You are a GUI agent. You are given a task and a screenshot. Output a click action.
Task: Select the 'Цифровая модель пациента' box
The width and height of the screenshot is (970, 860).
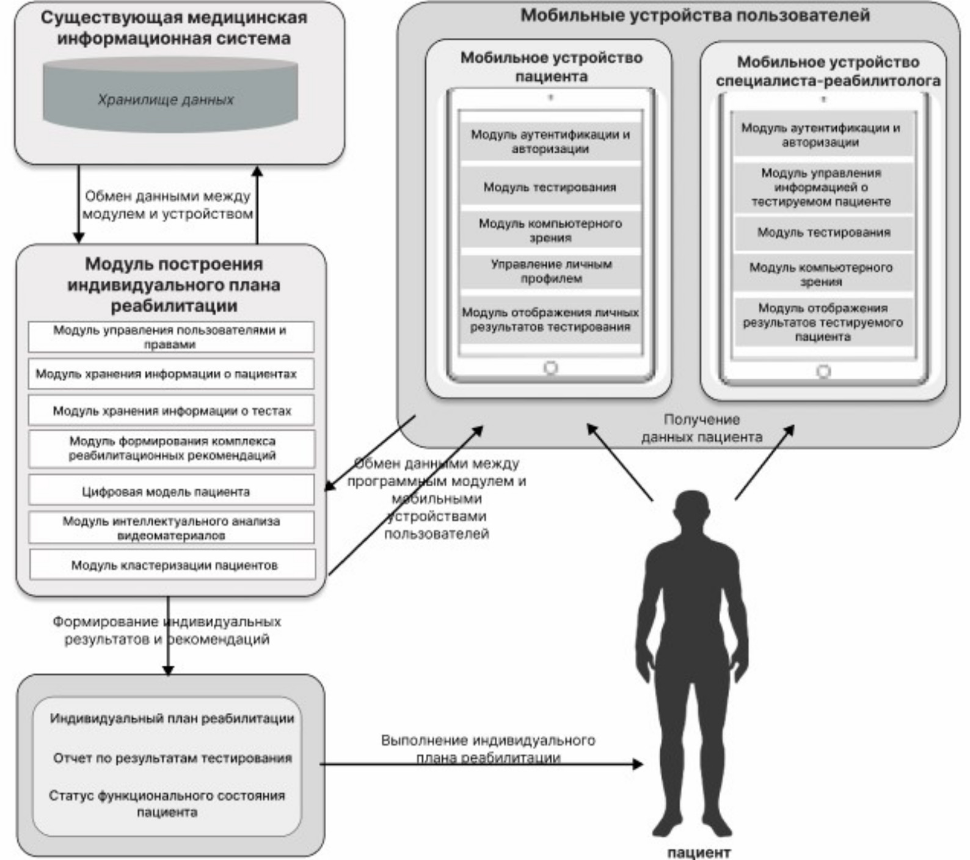point(171,490)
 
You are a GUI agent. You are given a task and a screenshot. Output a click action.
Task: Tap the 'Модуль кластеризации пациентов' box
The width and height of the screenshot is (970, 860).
point(173,565)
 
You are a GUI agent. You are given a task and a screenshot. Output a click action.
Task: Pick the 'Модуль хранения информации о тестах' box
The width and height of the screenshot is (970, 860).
point(171,410)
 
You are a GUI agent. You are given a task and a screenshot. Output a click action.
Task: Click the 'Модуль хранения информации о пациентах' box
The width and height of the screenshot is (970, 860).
point(171,374)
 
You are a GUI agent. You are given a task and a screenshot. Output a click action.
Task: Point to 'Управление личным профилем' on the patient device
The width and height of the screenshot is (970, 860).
point(551,271)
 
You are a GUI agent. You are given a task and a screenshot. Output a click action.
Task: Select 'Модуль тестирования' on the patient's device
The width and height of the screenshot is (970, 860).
point(550,187)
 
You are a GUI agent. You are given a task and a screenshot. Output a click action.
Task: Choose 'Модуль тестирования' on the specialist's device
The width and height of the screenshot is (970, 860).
point(823,233)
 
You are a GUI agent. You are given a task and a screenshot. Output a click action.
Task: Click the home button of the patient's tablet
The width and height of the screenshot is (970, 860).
point(550,368)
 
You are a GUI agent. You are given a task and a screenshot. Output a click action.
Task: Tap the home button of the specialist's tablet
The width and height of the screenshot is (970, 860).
point(823,371)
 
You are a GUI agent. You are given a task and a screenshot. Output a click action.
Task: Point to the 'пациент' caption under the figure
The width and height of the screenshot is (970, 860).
point(698,852)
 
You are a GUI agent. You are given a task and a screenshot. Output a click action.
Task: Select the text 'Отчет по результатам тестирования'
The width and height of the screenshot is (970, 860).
point(172,758)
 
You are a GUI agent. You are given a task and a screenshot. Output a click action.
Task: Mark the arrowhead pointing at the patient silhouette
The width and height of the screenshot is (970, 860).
point(638,763)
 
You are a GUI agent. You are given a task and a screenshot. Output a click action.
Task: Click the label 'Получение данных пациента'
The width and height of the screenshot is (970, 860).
point(701,428)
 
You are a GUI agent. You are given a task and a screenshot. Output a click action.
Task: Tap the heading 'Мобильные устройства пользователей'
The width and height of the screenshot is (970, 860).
point(695,15)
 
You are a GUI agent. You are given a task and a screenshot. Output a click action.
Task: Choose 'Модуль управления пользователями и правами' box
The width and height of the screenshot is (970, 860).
point(171,337)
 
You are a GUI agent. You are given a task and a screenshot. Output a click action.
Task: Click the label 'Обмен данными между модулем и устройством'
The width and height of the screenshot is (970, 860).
point(167,205)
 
